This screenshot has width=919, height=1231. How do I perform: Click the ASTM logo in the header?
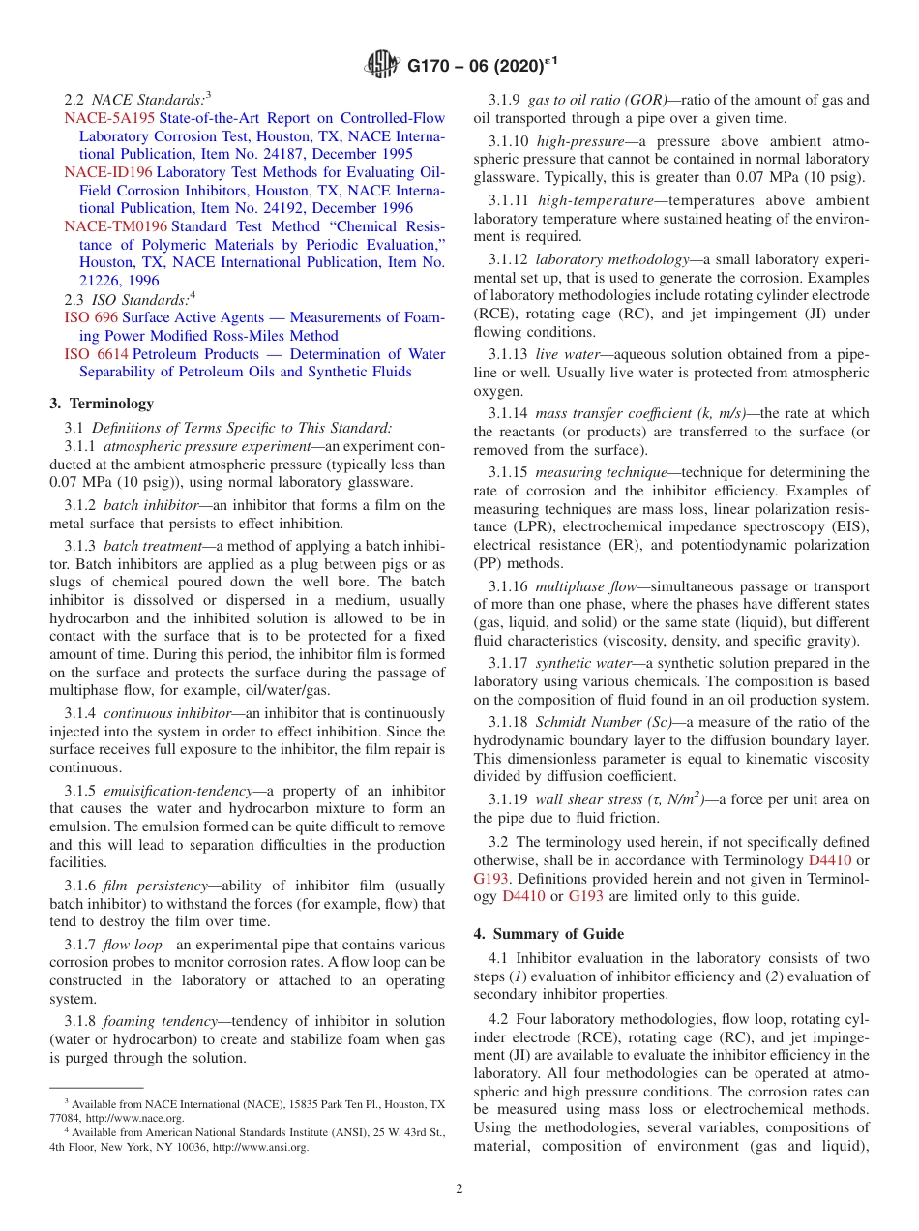point(382,66)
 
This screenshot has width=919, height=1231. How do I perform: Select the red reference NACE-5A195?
point(109,118)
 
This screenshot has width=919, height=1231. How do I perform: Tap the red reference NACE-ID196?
point(108,172)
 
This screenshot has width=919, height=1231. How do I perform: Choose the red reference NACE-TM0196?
point(115,226)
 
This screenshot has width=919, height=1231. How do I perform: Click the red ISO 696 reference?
point(91,317)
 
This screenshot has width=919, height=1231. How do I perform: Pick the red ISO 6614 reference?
point(96,354)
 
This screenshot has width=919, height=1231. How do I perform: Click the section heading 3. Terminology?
point(102,404)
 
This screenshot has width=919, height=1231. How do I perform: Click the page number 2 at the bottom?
point(459,1189)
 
